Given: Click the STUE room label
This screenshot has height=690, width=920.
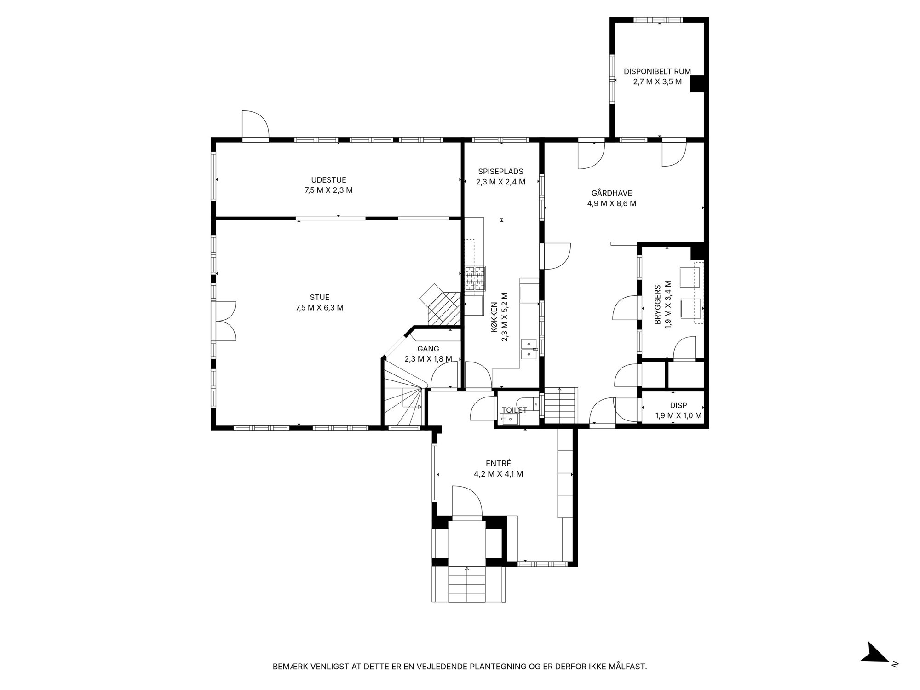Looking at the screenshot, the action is click(x=319, y=298).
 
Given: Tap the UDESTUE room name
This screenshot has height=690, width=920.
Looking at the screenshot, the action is click(x=328, y=180).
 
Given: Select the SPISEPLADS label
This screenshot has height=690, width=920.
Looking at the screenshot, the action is click(x=500, y=172).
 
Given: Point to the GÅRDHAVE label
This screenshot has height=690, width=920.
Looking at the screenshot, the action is click(x=612, y=193).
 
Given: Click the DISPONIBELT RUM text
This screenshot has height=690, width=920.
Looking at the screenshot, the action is click(x=657, y=71).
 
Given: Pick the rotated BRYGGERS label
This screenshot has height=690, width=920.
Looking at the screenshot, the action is click(x=658, y=305).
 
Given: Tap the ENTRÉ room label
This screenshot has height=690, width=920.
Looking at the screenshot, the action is click(x=499, y=464).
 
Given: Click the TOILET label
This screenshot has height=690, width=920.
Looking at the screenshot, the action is click(x=514, y=410).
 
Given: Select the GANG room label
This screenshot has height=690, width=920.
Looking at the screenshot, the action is click(x=428, y=349).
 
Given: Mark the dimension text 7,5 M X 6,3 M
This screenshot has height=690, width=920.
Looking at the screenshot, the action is click(x=320, y=308).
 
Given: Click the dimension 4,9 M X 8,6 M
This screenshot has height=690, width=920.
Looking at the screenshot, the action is click(x=612, y=203).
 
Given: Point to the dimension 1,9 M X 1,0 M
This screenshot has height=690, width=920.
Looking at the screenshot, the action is click(x=678, y=416).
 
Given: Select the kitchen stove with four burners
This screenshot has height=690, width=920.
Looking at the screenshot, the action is click(x=475, y=279).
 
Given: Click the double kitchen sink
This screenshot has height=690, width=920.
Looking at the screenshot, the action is click(x=530, y=349).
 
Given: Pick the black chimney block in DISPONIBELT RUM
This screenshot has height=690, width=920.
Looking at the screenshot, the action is click(x=697, y=84).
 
